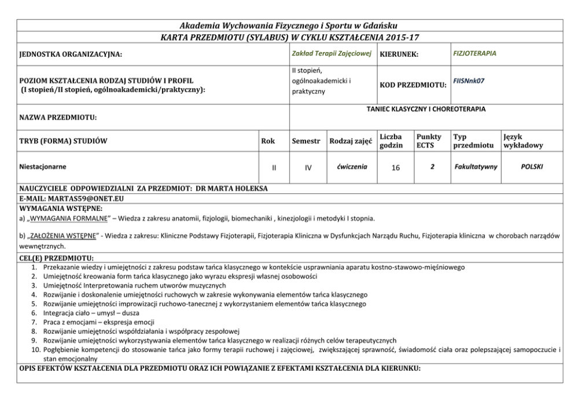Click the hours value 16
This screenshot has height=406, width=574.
coord(395,167)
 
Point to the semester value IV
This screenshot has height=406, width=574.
coord(308,167)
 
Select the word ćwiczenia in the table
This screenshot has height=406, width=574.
coord(351,167)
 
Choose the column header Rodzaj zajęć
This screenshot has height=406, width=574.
coord(351,141)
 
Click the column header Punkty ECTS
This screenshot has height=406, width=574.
coord(428,141)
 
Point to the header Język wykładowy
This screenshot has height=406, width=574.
coord(523,141)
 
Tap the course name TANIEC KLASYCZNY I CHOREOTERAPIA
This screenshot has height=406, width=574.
coord(425,108)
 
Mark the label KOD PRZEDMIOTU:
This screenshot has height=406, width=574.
coord(412,86)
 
